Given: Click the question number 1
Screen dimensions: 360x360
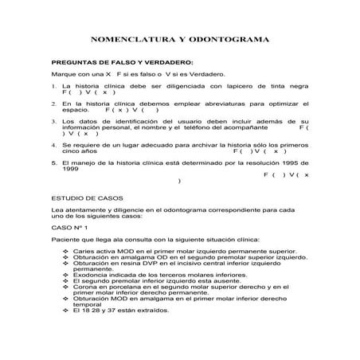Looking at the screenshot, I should (53, 85).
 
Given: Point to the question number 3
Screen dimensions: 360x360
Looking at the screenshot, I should (53, 120).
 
